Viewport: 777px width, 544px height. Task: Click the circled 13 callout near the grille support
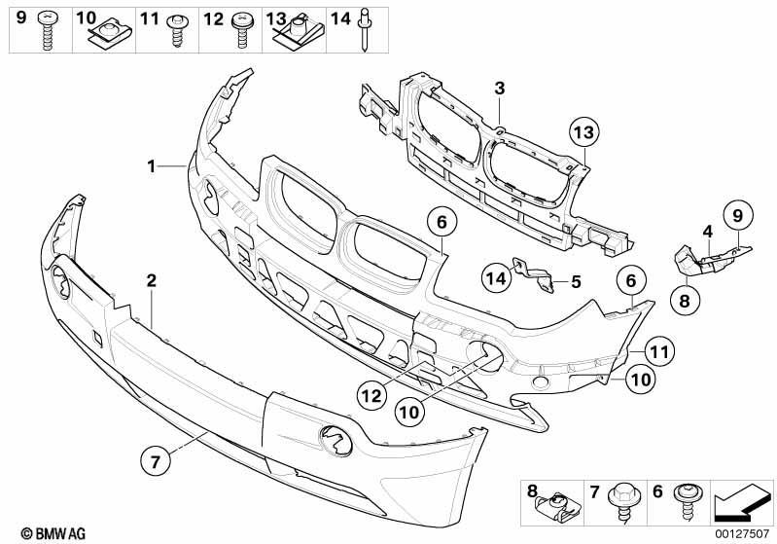coord(583,132)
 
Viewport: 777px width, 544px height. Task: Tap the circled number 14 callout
coord(497,277)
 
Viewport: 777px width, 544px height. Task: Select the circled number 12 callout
coord(372,395)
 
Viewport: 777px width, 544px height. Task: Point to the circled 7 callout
coord(155,461)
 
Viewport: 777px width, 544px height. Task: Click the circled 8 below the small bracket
coord(685,300)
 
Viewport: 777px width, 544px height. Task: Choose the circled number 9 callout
coord(738,216)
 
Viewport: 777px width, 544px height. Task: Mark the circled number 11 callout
coord(659,351)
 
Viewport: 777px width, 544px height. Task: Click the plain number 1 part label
coord(151,166)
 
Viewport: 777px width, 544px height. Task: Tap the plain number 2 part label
coord(151,280)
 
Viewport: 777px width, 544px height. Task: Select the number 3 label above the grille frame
coord(500,89)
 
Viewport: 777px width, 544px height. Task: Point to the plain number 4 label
coord(708,231)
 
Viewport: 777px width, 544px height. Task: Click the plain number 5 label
coord(576,281)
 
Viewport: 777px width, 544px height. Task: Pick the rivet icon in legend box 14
coord(366,30)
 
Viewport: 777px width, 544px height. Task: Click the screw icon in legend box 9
coord(48,30)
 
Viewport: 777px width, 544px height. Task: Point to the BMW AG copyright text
coord(53,533)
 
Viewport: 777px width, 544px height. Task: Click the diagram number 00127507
coord(742,534)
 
